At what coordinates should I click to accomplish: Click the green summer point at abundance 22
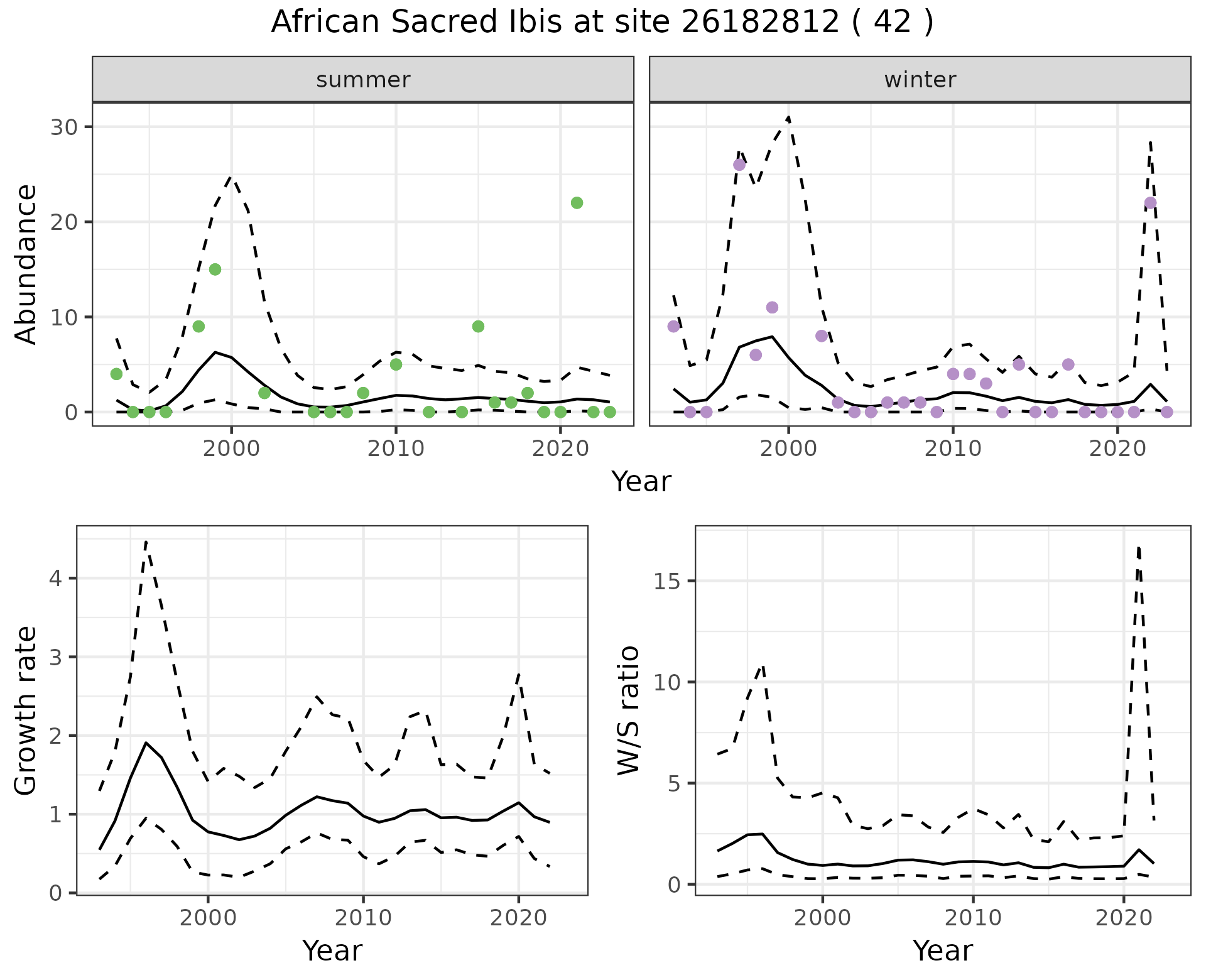coord(577,203)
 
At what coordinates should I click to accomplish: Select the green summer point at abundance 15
coord(215,269)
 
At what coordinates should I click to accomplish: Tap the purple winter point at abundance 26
coord(739,165)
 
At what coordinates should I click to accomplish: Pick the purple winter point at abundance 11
coord(772,307)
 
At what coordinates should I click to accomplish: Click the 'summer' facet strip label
coord(363,80)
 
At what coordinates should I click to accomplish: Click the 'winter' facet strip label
coord(920,80)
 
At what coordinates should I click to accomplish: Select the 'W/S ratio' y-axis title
coord(629,710)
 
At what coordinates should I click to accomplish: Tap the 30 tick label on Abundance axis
coord(63,127)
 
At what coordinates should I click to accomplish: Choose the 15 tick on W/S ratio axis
coord(668,581)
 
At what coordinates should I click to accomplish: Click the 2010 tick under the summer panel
coord(396,449)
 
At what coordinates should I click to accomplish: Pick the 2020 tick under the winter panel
coord(1117,449)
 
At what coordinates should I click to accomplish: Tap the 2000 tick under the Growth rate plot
coord(208,918)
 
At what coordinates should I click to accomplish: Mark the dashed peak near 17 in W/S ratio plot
coord(1138,548)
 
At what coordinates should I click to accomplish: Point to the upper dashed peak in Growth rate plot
coord(146,541)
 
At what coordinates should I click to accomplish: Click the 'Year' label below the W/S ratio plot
coord(942,950)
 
